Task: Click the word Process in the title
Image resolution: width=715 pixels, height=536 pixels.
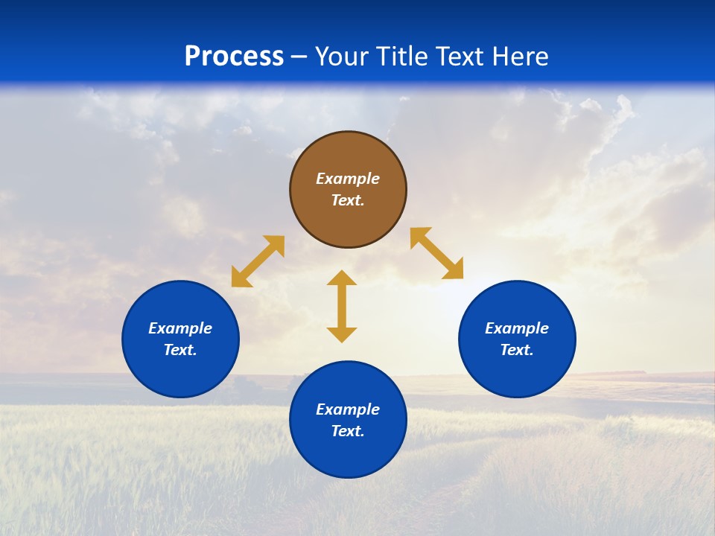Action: (234, 57)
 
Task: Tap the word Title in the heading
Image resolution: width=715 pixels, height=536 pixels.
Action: (404, 57)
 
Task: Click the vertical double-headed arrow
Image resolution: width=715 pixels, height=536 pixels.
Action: (342, 306)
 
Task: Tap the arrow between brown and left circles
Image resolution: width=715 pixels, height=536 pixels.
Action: (258, 261)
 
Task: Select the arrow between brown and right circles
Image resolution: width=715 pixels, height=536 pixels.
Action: (437, 253)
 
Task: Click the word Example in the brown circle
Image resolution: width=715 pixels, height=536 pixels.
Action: (348, 179)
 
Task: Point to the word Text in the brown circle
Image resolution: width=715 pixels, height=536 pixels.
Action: (348, 200)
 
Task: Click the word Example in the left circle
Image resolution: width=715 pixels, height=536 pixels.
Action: (180, 328)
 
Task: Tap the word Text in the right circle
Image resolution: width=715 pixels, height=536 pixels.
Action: (517, 350)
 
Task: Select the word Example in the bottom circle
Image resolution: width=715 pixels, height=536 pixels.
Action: (348, 409)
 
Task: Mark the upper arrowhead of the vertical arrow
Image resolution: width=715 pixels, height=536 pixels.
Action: (342, 277)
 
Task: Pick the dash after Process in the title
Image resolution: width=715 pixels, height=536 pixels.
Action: (299, 57)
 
